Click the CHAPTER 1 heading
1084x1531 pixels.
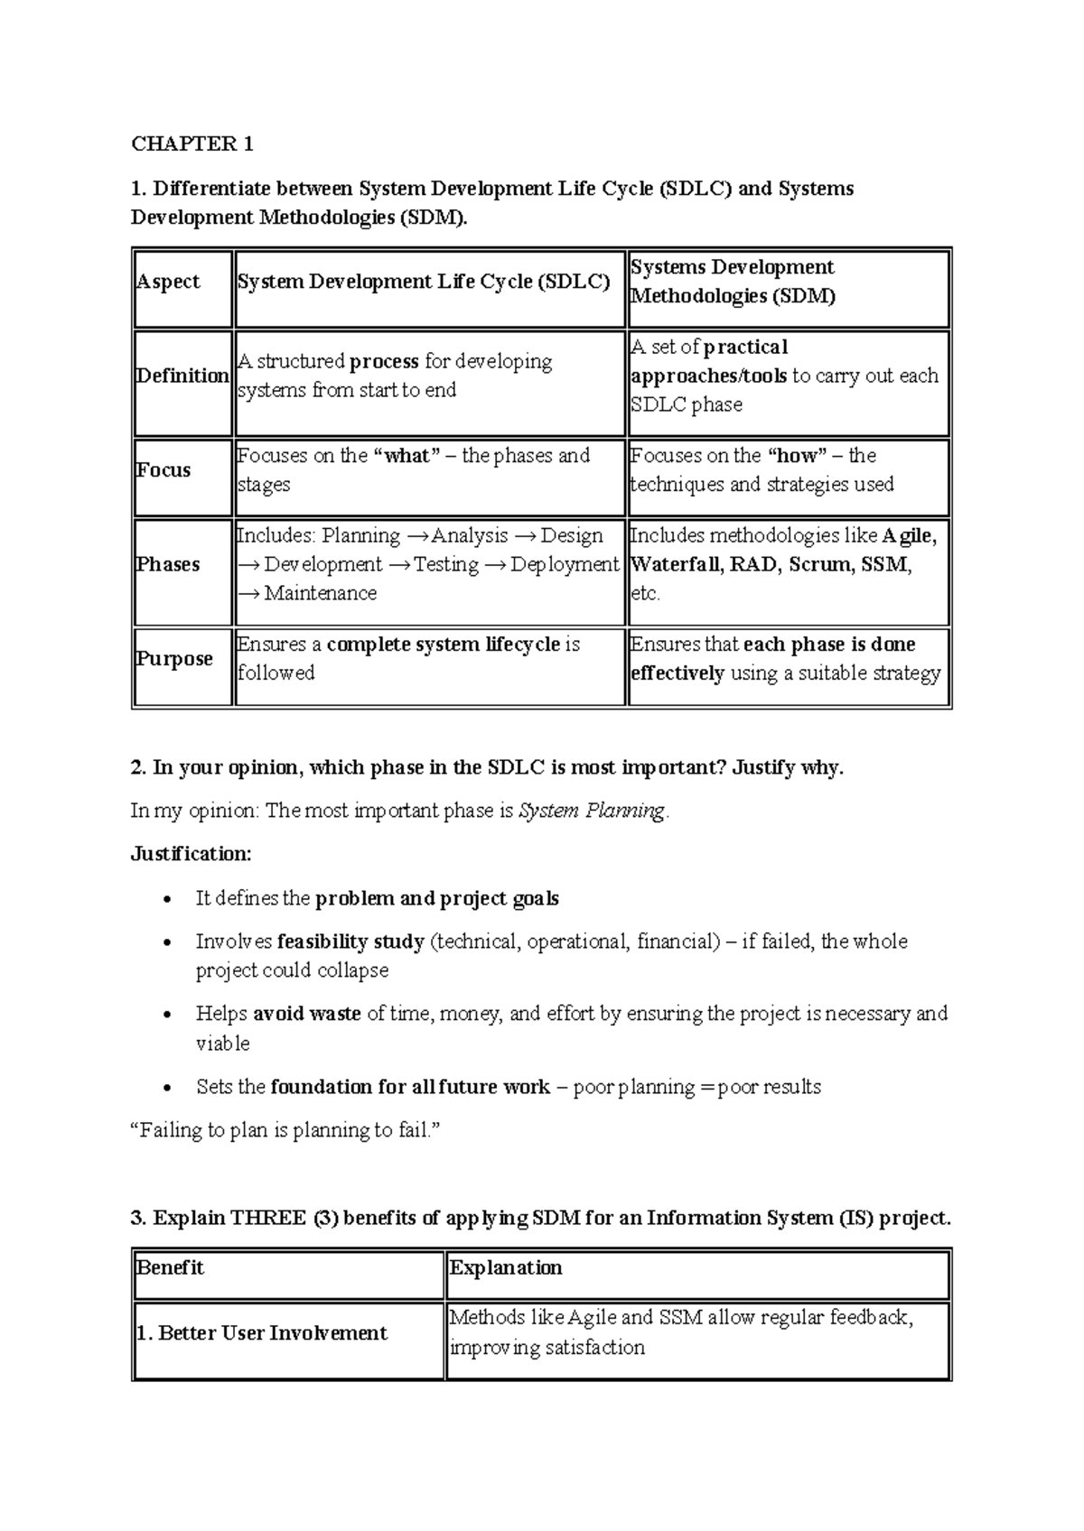192,144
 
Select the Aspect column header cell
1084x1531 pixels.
168,282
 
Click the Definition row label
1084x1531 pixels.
182,376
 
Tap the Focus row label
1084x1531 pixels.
164,469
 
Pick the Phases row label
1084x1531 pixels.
168,564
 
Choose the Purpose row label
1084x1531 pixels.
174,658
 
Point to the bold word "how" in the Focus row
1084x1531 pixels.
797,456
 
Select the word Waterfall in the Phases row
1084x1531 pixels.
673,565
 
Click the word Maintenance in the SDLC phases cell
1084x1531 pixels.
320,593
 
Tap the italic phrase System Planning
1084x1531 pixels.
592,811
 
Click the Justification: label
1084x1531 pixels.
192,854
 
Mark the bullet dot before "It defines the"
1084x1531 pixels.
165,899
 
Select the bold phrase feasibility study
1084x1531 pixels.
350,942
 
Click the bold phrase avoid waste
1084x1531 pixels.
306,1014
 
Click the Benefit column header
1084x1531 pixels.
170,1267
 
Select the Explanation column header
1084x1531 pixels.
506,1267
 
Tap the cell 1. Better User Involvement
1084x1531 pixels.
261,1333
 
